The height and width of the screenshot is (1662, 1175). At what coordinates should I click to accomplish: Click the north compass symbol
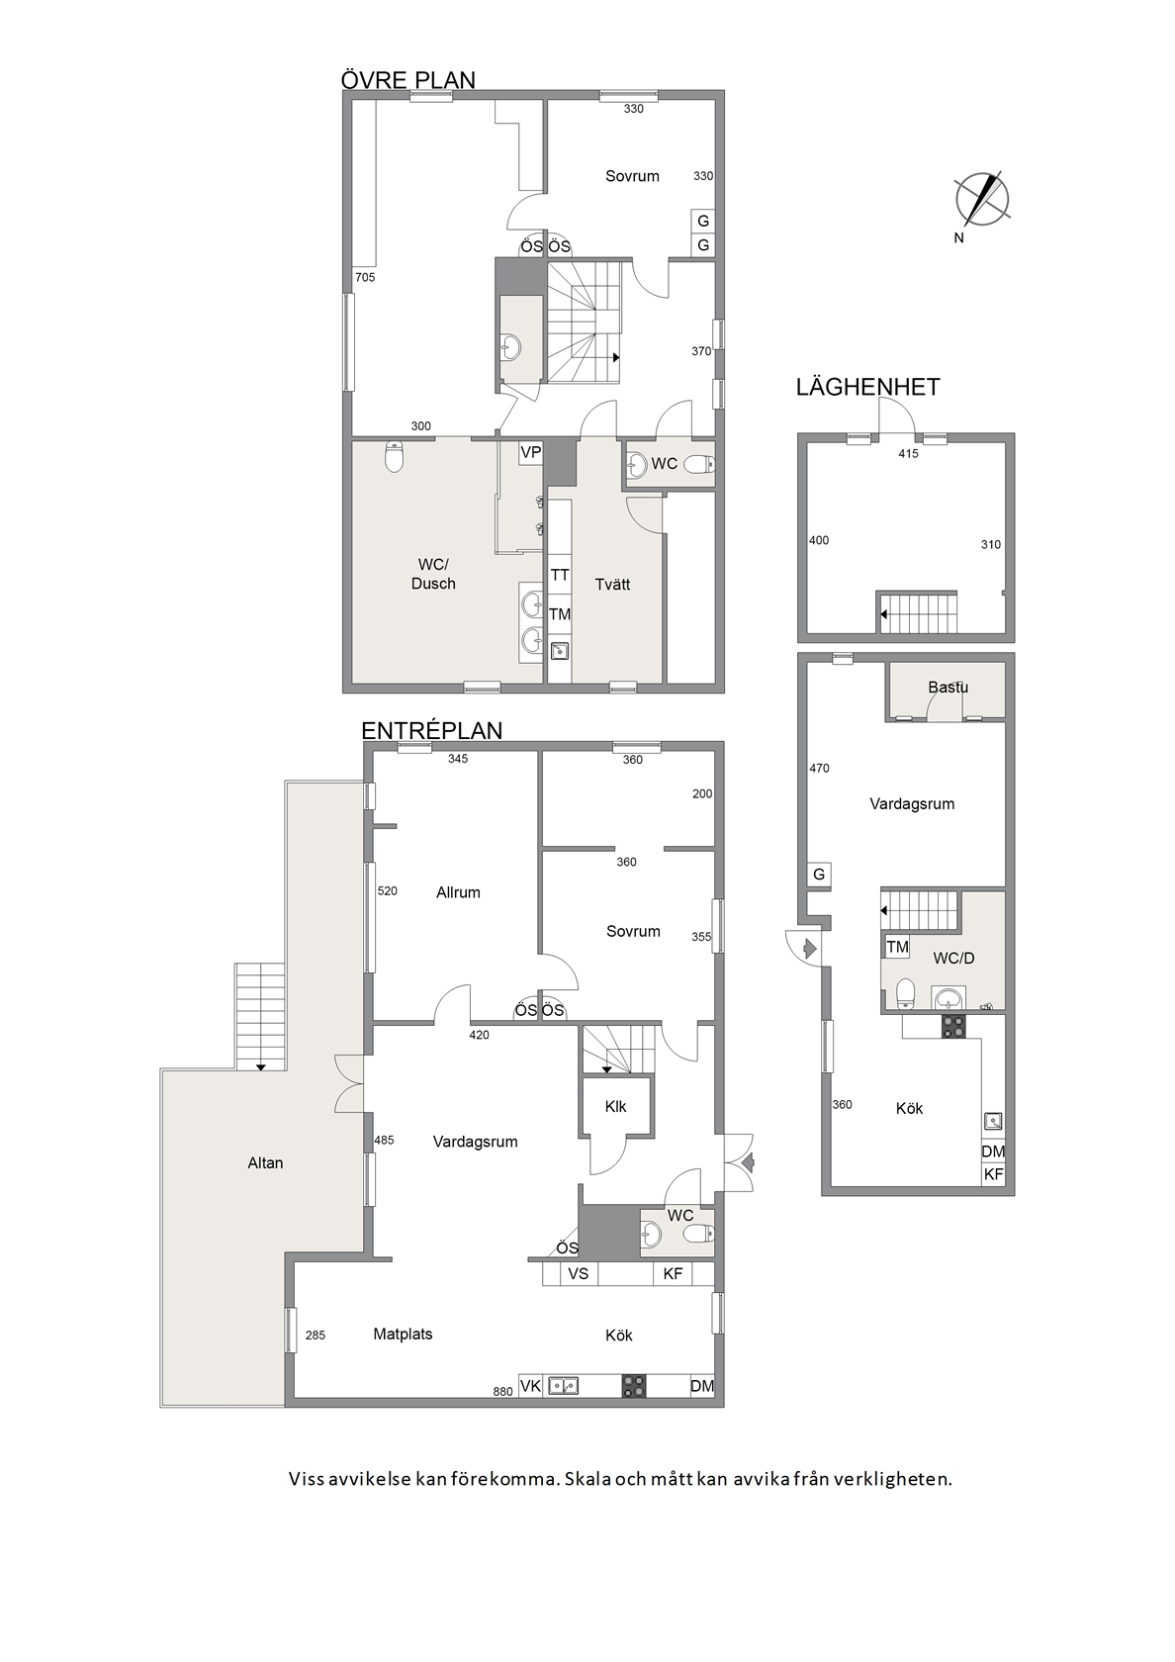pyautogui.click(x=981, y=199)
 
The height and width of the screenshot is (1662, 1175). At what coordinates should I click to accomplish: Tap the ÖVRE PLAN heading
pyautogui.click(x=407, y=79)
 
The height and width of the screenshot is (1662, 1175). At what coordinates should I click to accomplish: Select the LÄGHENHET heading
pyautogui.click(x=868, y=387)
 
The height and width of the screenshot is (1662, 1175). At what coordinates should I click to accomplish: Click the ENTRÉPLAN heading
pyautogui.click(x=431, y=730)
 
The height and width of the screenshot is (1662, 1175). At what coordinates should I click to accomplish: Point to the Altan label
pyautogui.click(x=265, y=1162)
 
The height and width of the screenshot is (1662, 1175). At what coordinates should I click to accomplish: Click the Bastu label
pyautogui.click(x=948, y=687)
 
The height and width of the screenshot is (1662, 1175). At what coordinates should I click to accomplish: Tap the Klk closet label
pyautogui.click(x=615, y=1106)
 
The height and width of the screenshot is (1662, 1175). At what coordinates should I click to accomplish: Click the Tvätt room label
pyautogui.click(x=613, y=584)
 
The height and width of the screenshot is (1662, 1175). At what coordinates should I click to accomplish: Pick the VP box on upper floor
pyautogui.click(x=530, y=453)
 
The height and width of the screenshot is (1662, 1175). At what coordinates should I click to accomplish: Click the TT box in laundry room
pyautogui.click(x=560, y=575)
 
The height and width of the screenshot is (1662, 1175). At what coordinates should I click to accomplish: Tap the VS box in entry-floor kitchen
pyautogui.click(x=579, y=1274)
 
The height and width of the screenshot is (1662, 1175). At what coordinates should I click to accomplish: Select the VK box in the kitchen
pyautogui.click(x=530, y=1385)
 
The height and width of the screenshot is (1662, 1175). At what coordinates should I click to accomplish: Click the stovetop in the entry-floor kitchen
pyautogui.click(x=633, y=1386)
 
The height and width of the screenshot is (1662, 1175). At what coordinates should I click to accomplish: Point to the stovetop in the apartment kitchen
pyautogui.click(x=953, y=1026)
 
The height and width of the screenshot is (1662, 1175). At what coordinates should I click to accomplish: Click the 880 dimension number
pyautogui.click(x=502, y=1392)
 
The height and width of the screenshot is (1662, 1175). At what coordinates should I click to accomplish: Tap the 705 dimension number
pyautogui.click(x=365, y=277)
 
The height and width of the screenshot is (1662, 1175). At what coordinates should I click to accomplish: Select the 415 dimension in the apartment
pyautogui.click(x=908, y=454)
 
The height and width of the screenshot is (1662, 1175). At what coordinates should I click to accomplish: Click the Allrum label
pyautogui.click(x=459, y=892)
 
